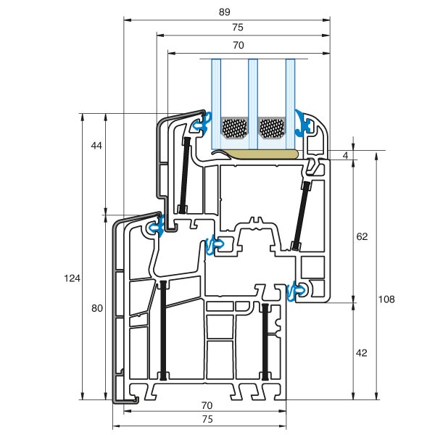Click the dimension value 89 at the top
(x=226, y=11)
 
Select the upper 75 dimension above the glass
(x=238, y=28)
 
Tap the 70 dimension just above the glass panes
(x=238, y=45)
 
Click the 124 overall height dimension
(x=72, y=278)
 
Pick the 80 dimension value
(x=96, y=308)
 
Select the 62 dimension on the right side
(x=362, y=236)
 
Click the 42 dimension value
(x=362, y=353)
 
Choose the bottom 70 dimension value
(x=207, y=405)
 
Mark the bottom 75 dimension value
(x=207, y=419)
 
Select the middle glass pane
(x=253, y=101)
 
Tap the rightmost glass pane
(x=290, y=101)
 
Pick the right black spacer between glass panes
(x=272, y=128)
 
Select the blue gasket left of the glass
(x=202, y=124)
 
